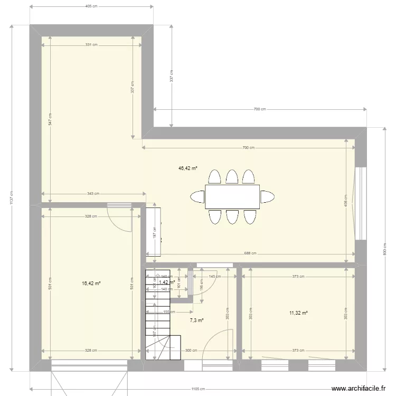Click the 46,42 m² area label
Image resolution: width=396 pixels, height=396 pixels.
(187, 168)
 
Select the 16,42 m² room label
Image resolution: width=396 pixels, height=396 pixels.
(91, 283)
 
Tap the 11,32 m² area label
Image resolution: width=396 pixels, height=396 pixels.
(298, 313)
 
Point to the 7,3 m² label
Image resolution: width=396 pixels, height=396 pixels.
(197, 320)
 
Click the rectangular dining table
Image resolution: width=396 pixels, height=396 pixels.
(232, 196)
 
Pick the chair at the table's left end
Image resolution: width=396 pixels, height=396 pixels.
(197, 196)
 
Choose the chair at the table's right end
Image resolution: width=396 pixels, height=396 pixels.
(268, 196)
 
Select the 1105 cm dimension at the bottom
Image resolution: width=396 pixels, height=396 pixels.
(199, 389)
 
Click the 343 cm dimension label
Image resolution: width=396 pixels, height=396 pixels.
(93, 194)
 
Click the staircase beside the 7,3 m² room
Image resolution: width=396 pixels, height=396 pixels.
(157, 317)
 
